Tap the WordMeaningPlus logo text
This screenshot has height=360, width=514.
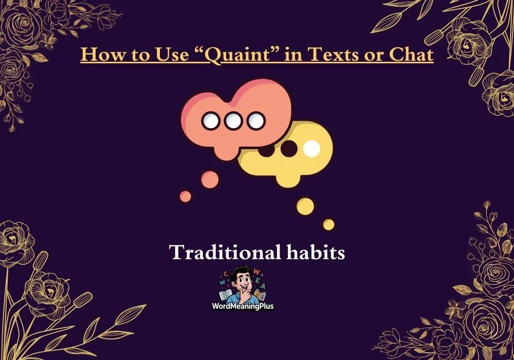[243, 307]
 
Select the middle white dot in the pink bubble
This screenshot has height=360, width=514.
[233, 121]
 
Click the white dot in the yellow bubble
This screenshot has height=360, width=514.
[311, 149]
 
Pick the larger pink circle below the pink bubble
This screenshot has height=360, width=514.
[210, 179]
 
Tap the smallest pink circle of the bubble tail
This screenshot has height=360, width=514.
[186, 196]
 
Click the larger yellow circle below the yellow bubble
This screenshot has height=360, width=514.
[305, 207]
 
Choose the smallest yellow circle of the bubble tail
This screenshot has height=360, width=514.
[329, 225]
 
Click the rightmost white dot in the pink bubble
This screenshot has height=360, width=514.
[256, 121]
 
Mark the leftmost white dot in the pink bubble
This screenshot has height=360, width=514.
[210, 121]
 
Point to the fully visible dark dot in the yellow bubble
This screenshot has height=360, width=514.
[289, 149]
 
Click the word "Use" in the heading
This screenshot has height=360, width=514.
[172, 54]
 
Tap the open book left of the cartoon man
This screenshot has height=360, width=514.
[226, 295]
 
